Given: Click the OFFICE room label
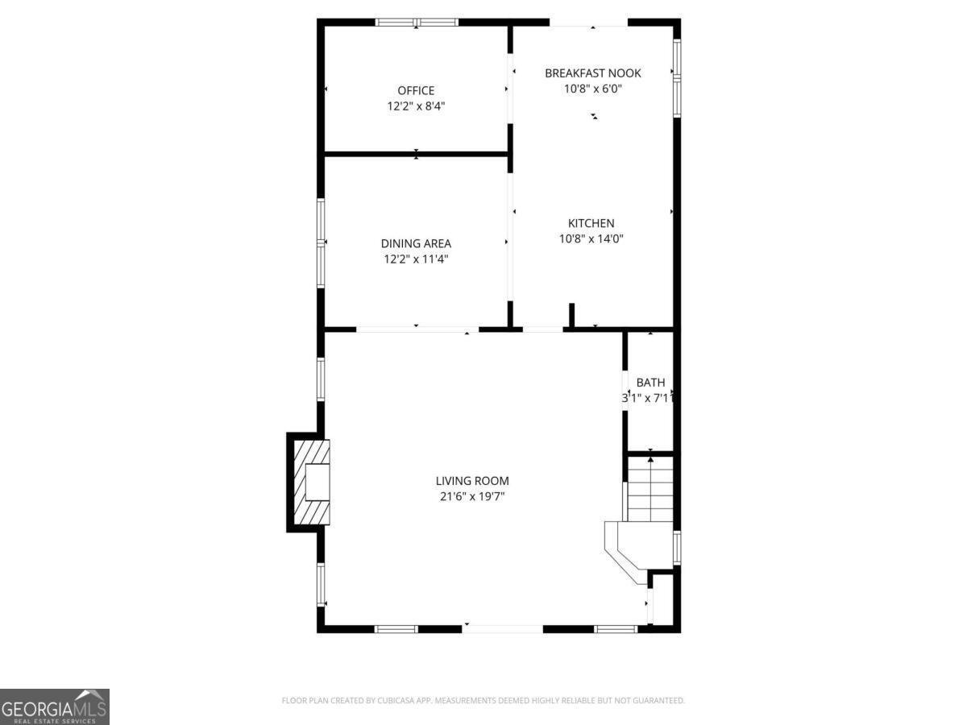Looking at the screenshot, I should [416, 90].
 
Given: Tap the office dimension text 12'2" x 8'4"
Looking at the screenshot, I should [416, 106].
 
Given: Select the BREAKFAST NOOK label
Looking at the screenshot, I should [593, 73].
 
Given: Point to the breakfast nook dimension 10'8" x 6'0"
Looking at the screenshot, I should [593, 89].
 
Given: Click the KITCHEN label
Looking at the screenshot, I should [591, 223].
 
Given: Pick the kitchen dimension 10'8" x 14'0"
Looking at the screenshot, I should [591, 238].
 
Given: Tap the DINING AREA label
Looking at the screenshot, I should [416, 243].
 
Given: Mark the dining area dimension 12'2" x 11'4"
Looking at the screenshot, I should [416, 259].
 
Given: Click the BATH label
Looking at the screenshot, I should [650, 383].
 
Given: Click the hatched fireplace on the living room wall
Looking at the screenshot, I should [311, 482].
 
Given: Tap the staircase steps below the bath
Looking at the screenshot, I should [650, 491].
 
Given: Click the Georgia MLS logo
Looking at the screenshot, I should [54, 706].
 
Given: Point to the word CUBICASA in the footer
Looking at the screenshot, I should [395, 701].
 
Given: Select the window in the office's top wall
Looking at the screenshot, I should [417, 23].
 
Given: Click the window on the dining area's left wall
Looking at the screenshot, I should [321, 242].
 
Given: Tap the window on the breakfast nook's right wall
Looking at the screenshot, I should [677, 77].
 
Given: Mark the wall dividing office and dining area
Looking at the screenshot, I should [416, 153].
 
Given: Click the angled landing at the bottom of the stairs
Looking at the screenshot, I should [625, 549].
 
